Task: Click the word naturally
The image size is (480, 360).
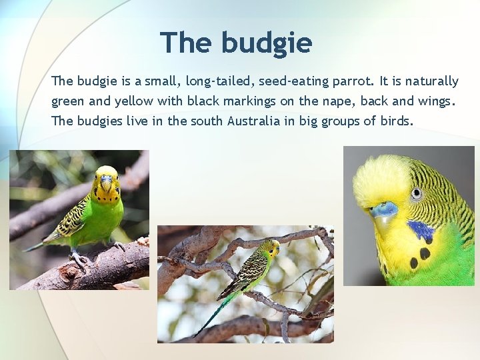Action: (431, 81)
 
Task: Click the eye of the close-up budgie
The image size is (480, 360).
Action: (417, 194)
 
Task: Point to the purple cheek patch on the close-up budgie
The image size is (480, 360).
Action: (420, 231)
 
